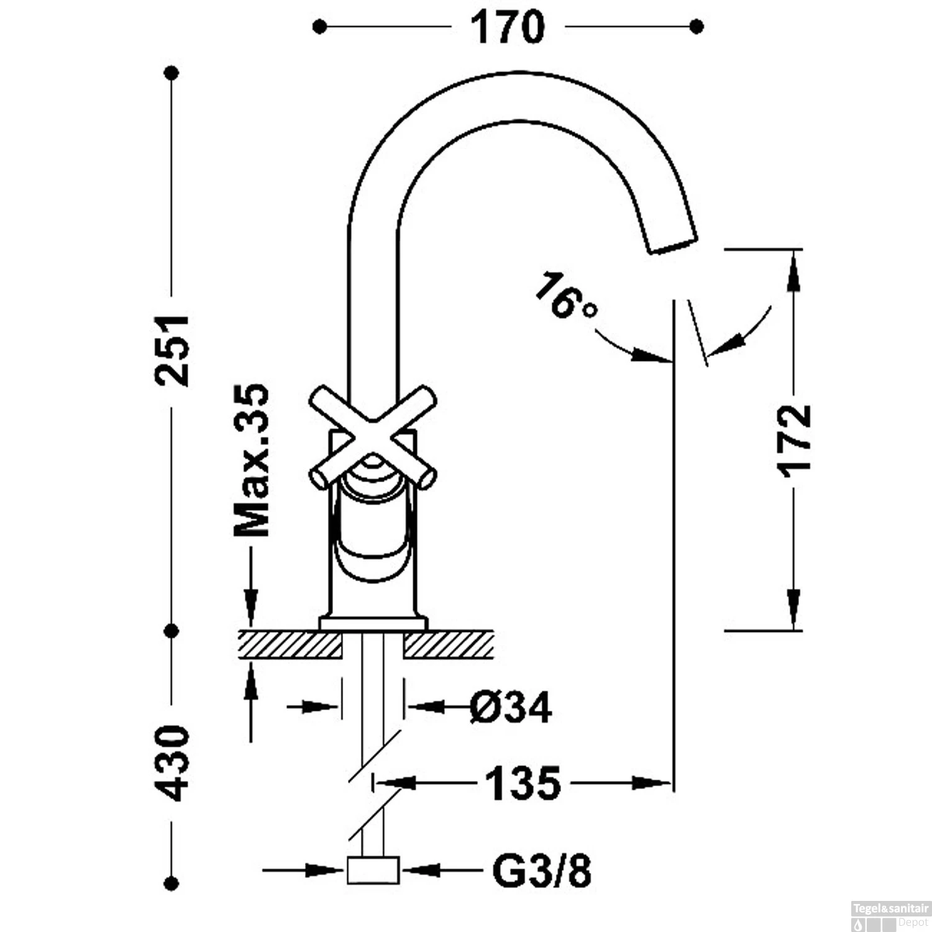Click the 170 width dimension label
[x=507, y=27]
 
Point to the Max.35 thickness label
[x=252, y=460]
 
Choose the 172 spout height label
[x=795, y=441]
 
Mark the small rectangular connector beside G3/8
[x=372, y=870]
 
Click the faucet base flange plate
[x=373, y=623]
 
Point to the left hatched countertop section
[x=290, y=644]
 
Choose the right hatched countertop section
[x=449, y=644]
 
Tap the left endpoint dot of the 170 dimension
[x=319, y=27]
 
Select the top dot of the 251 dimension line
[x=172, y=73]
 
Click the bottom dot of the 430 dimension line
[x=172, y=882]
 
